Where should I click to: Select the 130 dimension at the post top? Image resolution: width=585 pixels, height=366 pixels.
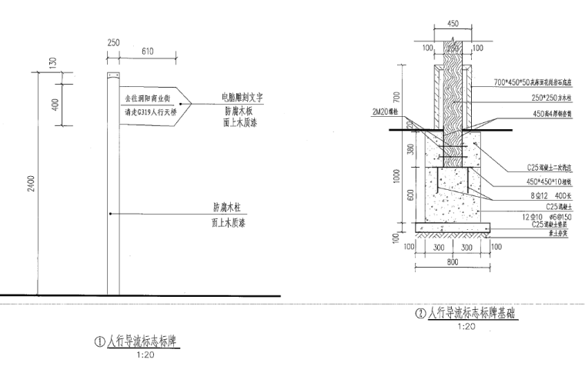coord(53,62)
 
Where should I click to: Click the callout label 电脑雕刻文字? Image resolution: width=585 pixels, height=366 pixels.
coord(242,98)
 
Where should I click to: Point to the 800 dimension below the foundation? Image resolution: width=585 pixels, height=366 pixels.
coord(453,262)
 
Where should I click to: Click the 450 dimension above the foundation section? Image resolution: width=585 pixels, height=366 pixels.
coord(453,24)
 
